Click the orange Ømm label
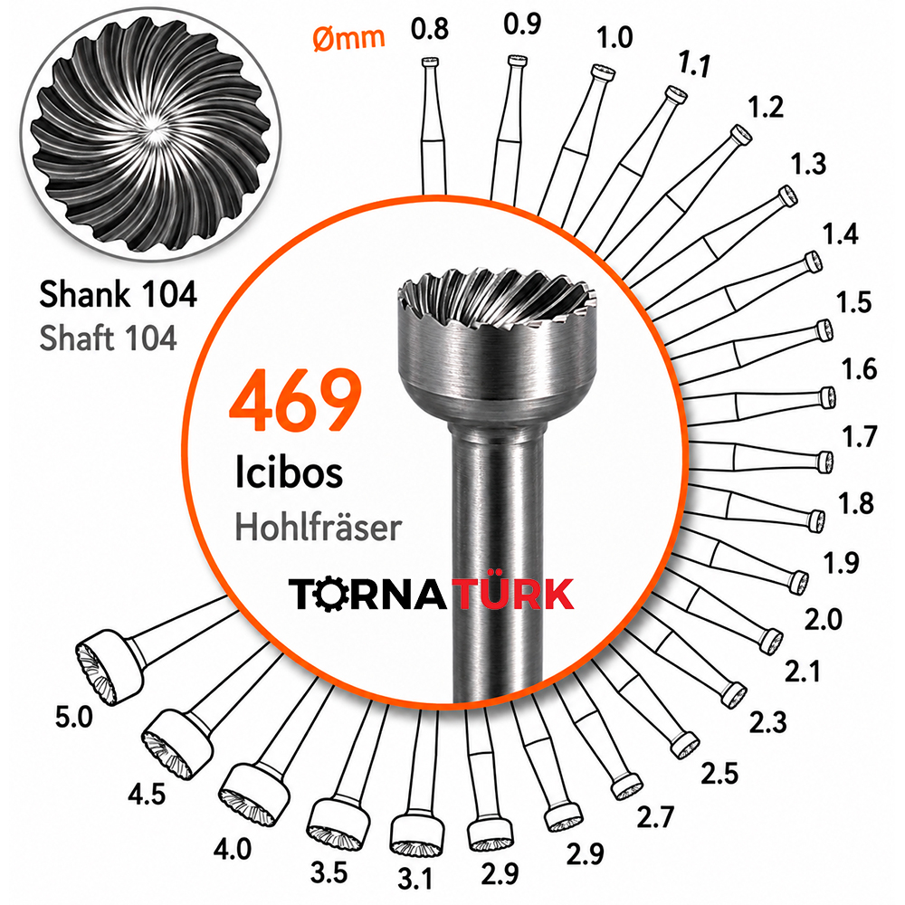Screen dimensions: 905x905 tap(348, 38)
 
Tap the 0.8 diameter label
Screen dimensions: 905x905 tap(430, 29)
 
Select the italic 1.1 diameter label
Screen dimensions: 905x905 tap(694, 63)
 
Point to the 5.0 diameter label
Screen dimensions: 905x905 tap(74, 718)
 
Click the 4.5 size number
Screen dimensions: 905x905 tap(147, 795)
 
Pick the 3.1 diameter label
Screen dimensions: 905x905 tap(415, 879)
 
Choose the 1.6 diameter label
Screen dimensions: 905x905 tap(859, 369)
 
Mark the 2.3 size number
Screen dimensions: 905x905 tap(768, 722)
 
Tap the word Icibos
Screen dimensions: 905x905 tap(289, 472)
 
